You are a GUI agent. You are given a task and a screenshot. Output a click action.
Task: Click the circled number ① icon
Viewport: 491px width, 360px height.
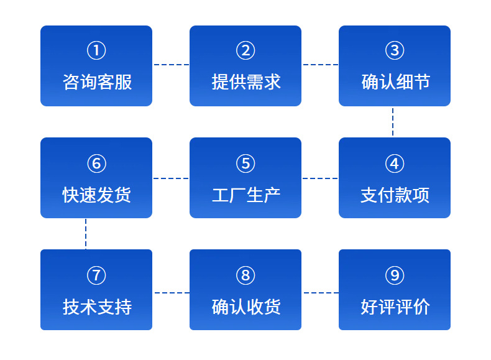tap(96, 51)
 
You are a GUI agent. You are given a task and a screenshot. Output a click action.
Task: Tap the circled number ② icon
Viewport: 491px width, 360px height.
tap(245, 51)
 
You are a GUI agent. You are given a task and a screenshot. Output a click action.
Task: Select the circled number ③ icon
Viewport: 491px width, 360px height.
tap(395, 51)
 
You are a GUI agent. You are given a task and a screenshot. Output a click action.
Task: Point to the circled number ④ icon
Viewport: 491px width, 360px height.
tap(395, 164)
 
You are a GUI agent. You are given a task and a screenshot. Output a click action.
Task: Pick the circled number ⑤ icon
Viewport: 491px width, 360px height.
tap(245, 164)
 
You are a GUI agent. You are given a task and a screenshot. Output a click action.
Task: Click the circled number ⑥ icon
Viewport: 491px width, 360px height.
tap(96, 164)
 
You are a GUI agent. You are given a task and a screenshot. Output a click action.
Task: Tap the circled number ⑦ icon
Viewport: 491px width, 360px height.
tap(96, 275)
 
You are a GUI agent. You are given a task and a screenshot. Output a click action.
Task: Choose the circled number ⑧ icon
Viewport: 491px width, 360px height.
tap(245, 275)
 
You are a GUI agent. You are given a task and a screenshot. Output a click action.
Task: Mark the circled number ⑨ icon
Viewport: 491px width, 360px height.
tap(395, 275)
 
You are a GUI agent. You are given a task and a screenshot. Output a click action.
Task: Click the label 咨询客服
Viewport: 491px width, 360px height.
tap(97, 82)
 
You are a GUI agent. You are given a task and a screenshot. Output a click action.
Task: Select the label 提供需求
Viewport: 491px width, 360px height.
tap(246, 82)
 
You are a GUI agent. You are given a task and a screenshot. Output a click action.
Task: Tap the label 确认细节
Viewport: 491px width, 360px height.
tap(395, 82)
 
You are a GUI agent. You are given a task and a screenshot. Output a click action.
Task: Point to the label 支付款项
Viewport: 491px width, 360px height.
tap(395, 195)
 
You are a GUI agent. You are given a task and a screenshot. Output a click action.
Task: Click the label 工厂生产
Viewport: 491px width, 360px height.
tap(246, 195)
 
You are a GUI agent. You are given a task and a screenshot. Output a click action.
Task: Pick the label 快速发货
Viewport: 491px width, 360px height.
tap(97, 195)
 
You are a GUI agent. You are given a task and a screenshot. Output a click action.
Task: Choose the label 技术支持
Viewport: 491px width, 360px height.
tap(97, 307)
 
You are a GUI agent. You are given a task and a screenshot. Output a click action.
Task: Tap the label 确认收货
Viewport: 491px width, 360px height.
tap(246, 307)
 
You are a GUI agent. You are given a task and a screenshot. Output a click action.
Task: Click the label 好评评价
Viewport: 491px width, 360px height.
tap(395, 307)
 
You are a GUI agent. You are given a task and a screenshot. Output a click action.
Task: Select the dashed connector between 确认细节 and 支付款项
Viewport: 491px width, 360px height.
tap(393, 122)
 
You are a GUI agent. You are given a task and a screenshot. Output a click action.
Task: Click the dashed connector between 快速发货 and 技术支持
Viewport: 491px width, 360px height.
tap(86, 234)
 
